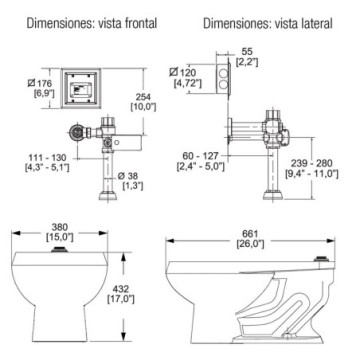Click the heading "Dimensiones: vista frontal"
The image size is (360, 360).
tap(92, 24)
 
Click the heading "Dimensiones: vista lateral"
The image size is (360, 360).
tap(268, 24)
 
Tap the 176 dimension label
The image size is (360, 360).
tap(40, 88)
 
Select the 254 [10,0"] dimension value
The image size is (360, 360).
tap(144, 102)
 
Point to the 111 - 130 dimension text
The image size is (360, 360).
tap(47, 162)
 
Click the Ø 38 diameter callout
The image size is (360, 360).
tap(132, 181)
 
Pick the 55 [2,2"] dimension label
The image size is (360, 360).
tap(247, 57)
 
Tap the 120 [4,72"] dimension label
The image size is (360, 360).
tap(186, 78)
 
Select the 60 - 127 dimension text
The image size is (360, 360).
tap(201, 161)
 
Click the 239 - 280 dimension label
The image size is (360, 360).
tap(312, 168)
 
